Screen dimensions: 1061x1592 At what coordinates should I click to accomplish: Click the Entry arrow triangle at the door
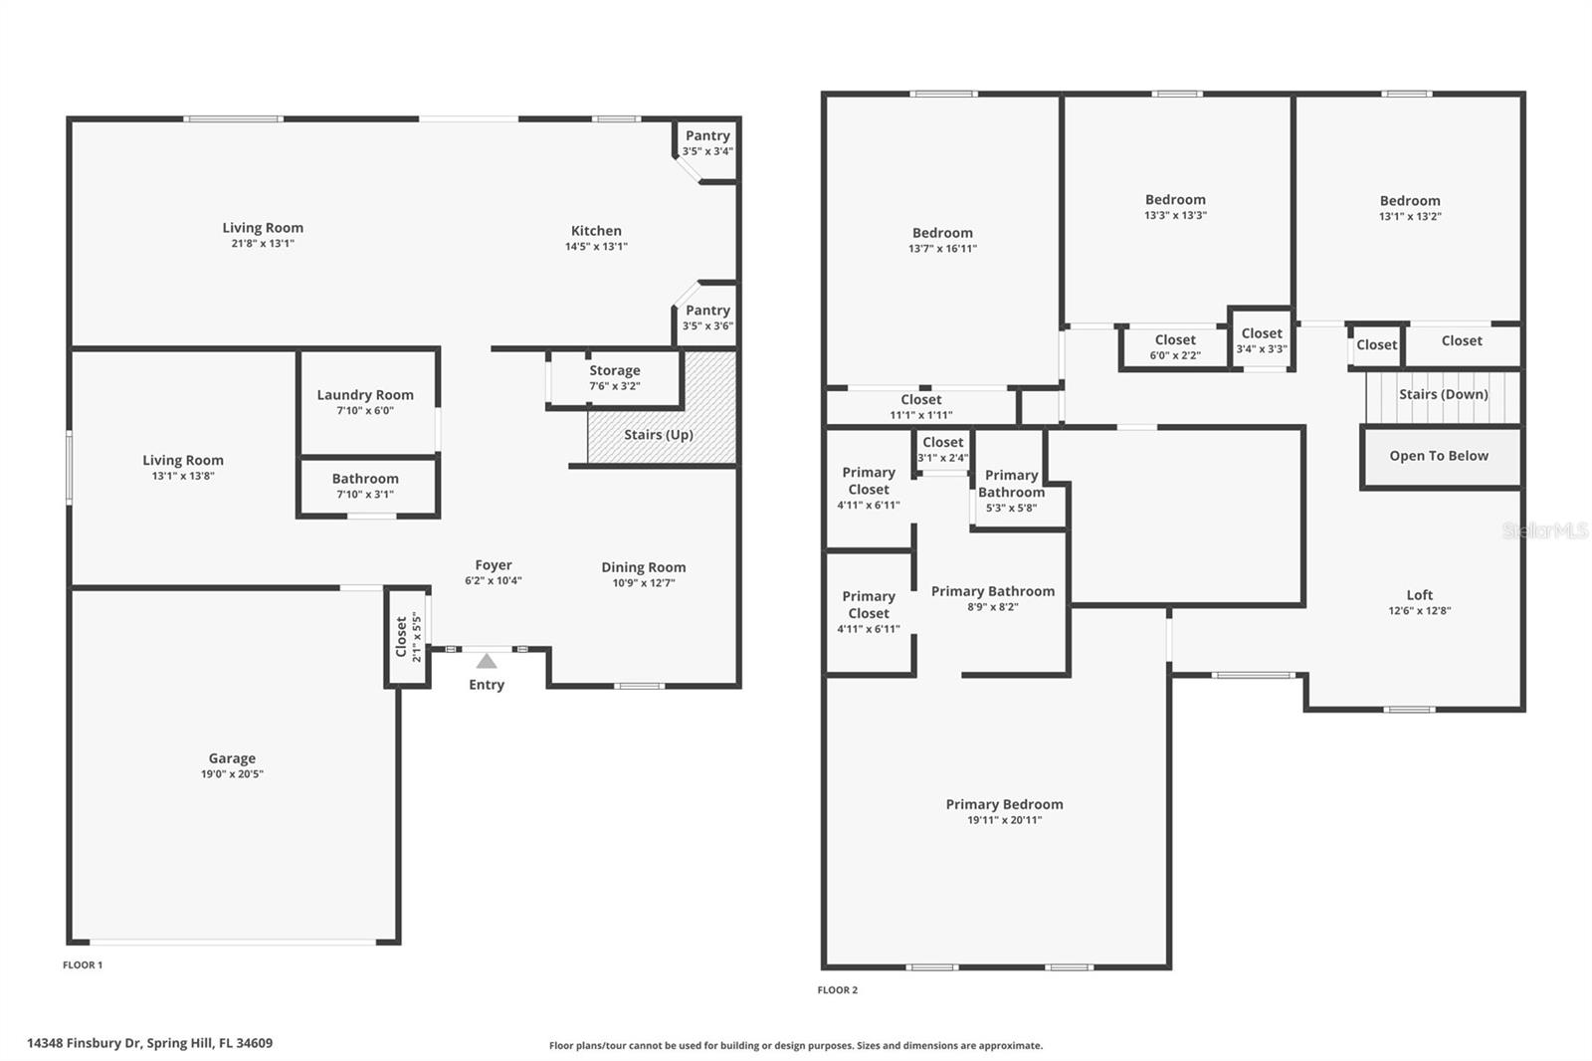tap(486, 661)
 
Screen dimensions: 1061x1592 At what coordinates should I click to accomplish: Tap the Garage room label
tap(232, 758)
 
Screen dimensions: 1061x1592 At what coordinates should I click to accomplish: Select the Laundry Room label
tap(365, 395)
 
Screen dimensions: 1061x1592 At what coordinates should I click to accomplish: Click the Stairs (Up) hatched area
tap(659, 435)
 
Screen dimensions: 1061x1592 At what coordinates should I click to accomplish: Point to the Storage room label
tap(614, 370)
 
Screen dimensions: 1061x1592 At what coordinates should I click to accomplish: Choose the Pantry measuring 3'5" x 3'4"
tap(707, 142)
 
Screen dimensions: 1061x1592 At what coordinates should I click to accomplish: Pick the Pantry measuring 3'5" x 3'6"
tap(707, 318)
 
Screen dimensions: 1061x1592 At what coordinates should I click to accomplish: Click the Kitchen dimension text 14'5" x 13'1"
tap(596, 247)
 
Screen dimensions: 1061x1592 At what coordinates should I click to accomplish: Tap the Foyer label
tap(494, 565)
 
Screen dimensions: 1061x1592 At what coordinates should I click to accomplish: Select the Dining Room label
tap(643, 568)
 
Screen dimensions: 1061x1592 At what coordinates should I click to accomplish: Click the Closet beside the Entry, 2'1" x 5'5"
tap(407, 637)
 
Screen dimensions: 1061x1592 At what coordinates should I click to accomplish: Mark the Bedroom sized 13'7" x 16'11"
tap(942, 240)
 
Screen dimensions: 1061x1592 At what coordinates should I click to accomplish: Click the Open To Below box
tap(1439, 456)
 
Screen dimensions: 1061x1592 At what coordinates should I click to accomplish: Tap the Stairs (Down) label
tap(1443, 394)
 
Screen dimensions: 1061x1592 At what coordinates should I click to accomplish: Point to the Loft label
tap(1420, 595)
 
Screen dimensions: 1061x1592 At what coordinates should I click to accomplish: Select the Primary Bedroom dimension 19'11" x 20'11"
tap(1004, 820)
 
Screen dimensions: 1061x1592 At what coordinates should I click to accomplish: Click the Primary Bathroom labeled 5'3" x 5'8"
tap(1011, 491)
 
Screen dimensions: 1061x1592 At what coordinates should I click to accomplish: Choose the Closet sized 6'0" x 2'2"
tap(1175, 346)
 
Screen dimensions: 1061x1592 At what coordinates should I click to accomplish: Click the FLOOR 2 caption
tap(837, 990)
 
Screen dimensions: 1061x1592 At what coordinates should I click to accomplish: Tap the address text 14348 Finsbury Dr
tap(149, 1043)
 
